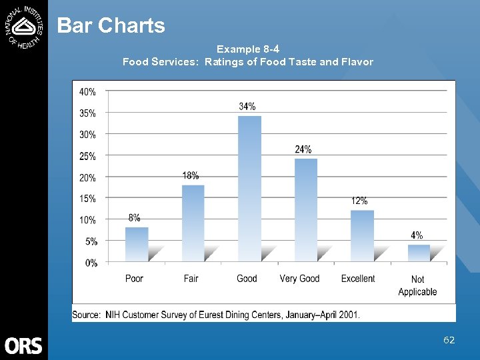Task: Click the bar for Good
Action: pyautogui.click(x=249, y=189)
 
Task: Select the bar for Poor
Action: pyautogui.click(x=137, y=244)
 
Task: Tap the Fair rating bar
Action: pyautogui.click(x=193, y=223)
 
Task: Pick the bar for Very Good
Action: pyautogui.click(x=306, y=210)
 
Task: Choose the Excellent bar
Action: pyautogui.click(x=362, y=236)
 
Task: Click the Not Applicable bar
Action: pyautogui.click(x=419, y=253)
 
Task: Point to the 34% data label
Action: pyautogui.click(x=247, y=107)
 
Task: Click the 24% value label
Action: pyautogui.click(x=303, y=149)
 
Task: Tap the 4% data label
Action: pyautogui.click(x=417, y=235)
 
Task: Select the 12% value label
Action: pyautogui.click(x=359, y=201)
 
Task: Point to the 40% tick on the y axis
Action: pyautogui.click(x=87, y=91)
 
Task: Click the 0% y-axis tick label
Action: pyautogui.click(x=91, y=263)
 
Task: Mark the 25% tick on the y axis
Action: pyautogui.click(x=87, y=156)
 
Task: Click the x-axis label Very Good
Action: pyautogui.click(x=299, y=279)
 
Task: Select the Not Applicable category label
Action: pyautogui.click(x=417, y=285)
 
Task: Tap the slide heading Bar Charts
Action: pyautogui.click(x=111, y=25)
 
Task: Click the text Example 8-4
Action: pyautogui.click(x=248, y=49)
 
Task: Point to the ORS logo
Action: pyautogui.click(x=23, y=345)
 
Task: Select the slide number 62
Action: pyautogui.click(x=449, y=340)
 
